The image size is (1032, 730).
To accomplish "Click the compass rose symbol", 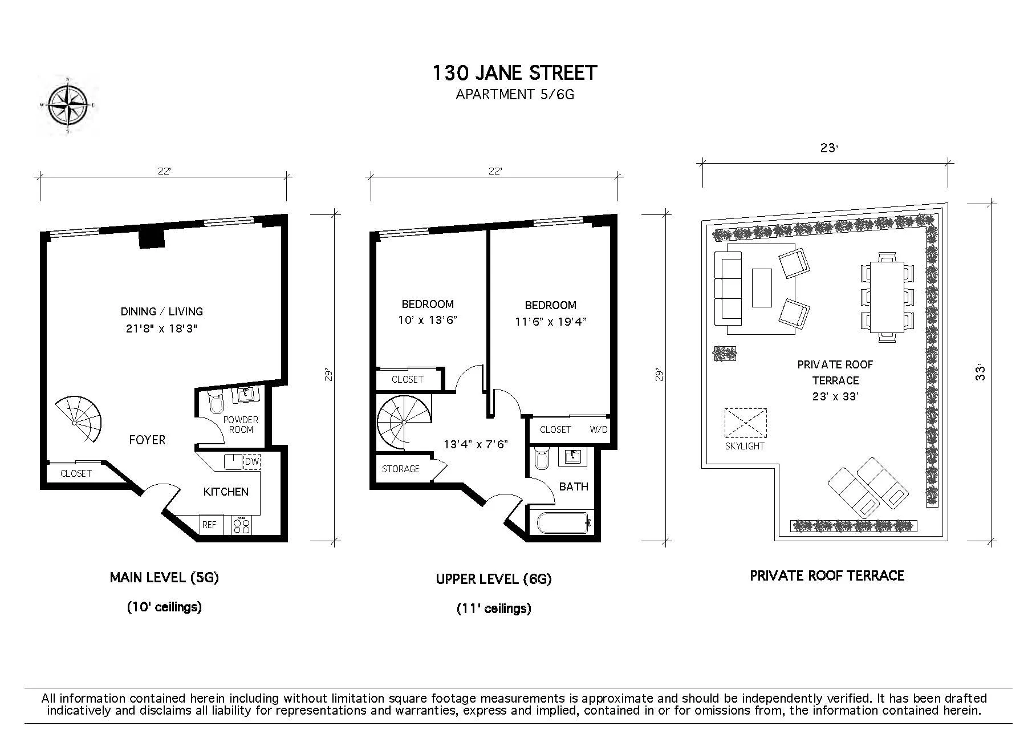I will click(x=68, y=106).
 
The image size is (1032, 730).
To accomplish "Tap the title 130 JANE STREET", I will click(x=514, y=74).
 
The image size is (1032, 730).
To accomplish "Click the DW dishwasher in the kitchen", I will click(x=251, y=461).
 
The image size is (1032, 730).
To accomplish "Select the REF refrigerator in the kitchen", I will click(x=209, y=525).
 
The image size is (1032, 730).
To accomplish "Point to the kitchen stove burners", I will click(x=242, y=525).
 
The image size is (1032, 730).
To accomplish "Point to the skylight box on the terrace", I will click(x=745, y=423).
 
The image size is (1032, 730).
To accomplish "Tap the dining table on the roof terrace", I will click(x=887, y=297).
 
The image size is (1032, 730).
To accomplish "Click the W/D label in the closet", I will click(x=598, y=429).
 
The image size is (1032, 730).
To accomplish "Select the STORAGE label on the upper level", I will click(x=400, y=469).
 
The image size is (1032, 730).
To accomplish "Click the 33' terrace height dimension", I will click(x=981, y=373).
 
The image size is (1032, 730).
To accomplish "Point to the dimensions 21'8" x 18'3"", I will click(x=161, y=328).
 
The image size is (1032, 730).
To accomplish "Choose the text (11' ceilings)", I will click(x=494, y=609).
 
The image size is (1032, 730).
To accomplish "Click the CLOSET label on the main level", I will click(x=76, y=473).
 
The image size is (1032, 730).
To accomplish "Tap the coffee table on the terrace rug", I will click(x=762, y=288).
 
